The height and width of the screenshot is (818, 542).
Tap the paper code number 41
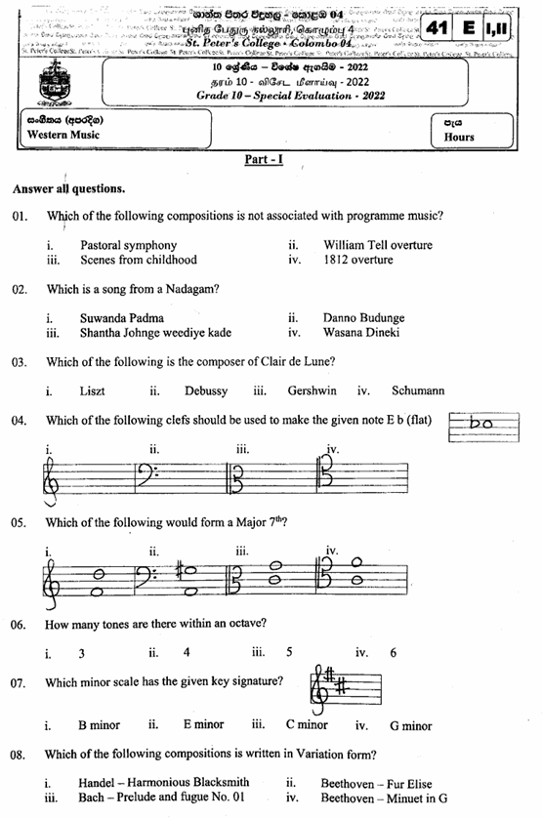point(438,30)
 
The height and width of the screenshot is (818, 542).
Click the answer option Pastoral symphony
point(128,245)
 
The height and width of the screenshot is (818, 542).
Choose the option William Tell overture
point(377,245)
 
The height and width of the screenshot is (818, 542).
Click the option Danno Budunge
point(363,318)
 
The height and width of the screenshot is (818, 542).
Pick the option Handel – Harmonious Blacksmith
point(164,782)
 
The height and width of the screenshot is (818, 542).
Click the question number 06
point(20,624)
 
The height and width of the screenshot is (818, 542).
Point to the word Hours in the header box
point(458,137)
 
